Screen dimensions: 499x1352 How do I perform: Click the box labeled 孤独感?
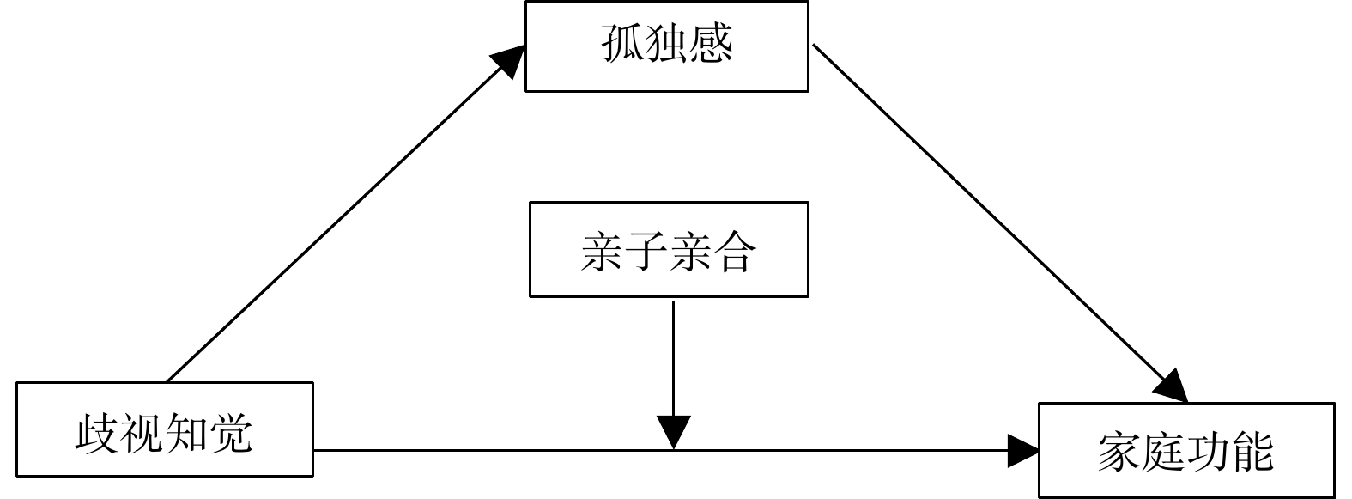coord(666,46)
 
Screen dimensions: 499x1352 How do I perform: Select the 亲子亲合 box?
coord(669,250)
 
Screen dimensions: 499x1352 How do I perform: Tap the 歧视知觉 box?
coord(165,429)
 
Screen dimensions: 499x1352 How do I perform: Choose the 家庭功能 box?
coord(1186,450)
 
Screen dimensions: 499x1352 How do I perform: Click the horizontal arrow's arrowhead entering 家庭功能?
coord(1023,449)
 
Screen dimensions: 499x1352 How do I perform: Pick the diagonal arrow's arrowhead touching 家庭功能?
coord(1172,387)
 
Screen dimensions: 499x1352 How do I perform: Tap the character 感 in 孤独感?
coord(711,45)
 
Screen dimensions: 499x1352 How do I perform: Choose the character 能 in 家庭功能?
coord(1252,451)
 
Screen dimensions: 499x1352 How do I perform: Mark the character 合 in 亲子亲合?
coord(734,252)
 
